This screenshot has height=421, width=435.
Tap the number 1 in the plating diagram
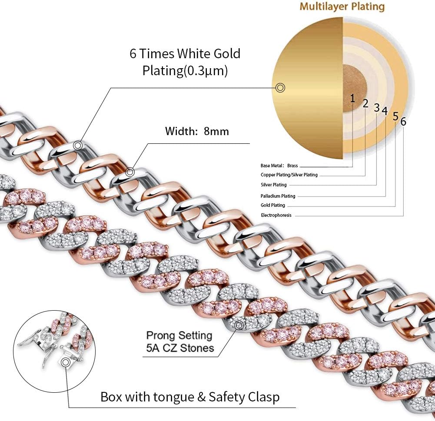point(352,98)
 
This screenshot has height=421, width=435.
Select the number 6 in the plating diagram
point(403,122)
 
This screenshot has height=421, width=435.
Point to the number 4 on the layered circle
point(384,111)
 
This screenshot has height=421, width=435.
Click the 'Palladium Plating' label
point(278,196)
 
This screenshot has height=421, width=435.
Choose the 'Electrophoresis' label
point(276,215)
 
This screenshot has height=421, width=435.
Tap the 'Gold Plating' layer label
point(273,206)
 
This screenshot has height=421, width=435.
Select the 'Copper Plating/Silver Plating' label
point(289,175)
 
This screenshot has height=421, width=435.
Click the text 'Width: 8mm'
point(197,131)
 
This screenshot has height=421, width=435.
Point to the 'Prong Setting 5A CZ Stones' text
point(179,341)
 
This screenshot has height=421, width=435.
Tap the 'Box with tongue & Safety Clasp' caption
point(190,397)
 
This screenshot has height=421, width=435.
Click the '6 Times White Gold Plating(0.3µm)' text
point(185,62)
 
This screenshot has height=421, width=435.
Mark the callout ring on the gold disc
point(280,88)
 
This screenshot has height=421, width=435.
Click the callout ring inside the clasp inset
point(66,362)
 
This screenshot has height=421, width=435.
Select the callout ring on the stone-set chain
point(239,325)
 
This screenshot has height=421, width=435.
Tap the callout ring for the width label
point(130,172)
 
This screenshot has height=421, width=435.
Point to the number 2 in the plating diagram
point(365,103)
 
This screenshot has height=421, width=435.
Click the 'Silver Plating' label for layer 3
point(273,185)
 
